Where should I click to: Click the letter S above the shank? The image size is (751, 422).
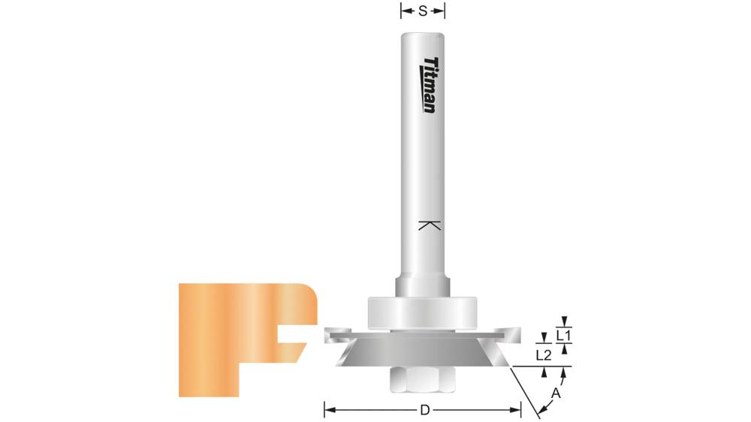(x=423, y=11)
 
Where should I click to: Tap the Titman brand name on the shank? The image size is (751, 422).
(x=429, y=85)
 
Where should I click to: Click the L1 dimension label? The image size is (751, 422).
(x=565, y=334)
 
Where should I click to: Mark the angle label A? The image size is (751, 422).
(x=556, y=392)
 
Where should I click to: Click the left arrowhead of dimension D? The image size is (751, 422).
(x=327, y=410)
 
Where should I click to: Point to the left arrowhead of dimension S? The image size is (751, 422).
(x=403, y=11)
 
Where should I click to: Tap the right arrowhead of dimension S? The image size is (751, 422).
(x=442, y=11)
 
